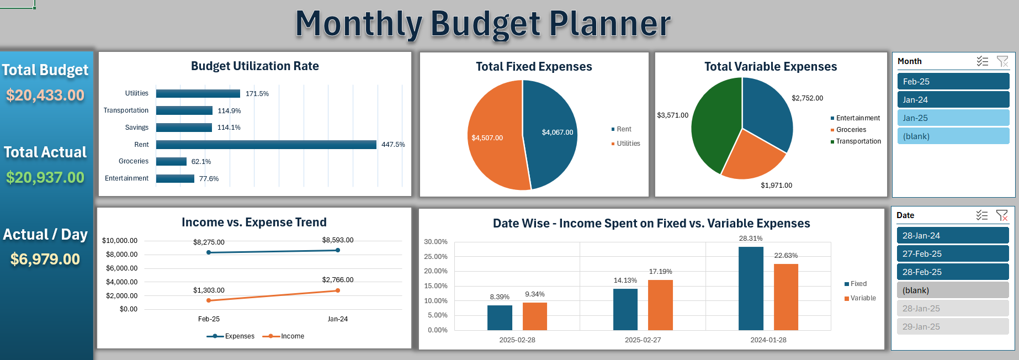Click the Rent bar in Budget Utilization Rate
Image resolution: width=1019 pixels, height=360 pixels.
click(x=266, y=145)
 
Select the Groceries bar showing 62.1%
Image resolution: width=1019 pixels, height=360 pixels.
click(x=171, y=161)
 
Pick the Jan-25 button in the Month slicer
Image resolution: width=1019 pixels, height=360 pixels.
click(x=953, y=118)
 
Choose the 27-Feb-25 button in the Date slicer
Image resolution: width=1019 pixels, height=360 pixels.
click(x=952, y=254)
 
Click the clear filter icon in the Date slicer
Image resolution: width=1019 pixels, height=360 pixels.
click(x=1002, y=215)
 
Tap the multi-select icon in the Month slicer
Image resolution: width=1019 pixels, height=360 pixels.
click(x=982, y=61)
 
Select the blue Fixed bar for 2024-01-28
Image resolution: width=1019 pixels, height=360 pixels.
click(x=751, y=288)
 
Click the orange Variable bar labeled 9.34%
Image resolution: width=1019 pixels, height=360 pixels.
click(x=534, y=316)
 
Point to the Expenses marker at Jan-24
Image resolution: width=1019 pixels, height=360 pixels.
click(x=338, y=250)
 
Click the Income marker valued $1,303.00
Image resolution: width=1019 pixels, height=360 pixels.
click(x=209, y=300)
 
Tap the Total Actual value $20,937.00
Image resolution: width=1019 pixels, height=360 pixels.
click(x=45, y=178)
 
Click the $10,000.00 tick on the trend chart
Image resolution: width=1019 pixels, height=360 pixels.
click(x=120, y=241)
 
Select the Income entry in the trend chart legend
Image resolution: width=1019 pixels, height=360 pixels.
click(x=292, y=336)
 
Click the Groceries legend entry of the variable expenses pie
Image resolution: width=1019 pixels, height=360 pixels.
click(x=851, y=130)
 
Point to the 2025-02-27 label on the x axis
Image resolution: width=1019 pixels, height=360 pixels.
click(x=643, y=340)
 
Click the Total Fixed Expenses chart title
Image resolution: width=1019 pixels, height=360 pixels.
click(x=534, y=67)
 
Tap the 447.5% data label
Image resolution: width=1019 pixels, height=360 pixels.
click(x=393, y=145)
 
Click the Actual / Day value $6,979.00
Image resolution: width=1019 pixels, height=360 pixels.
click(x=45, y=260)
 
